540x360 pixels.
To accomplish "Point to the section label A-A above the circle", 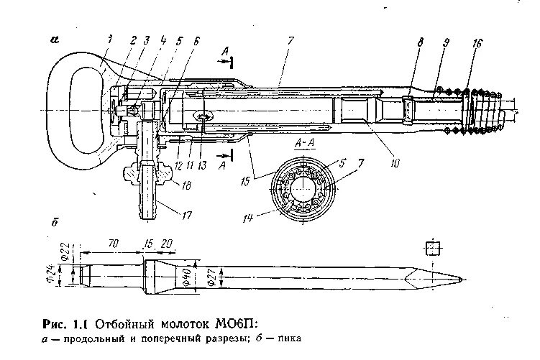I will (x=302, y=144).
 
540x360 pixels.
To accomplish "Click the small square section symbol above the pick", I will (x=433, y=249).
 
